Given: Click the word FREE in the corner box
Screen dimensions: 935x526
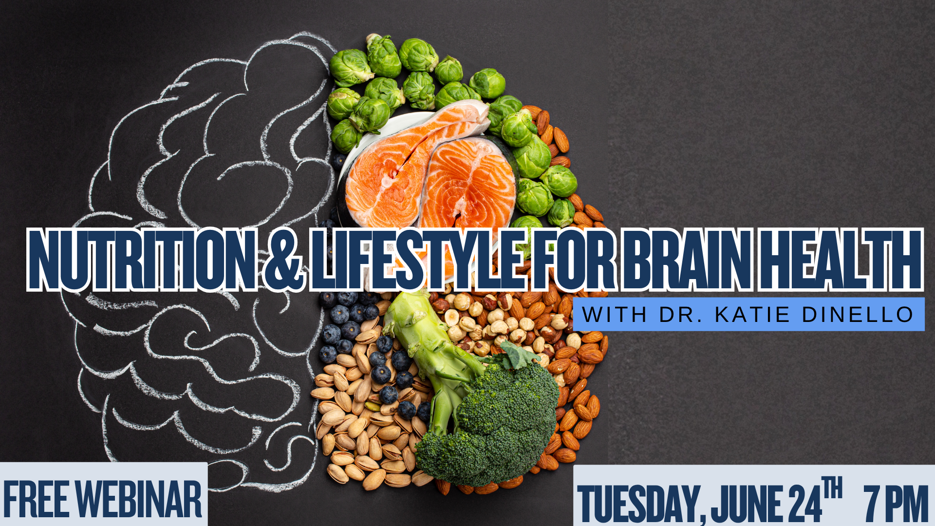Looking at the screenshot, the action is (x=37, y=499).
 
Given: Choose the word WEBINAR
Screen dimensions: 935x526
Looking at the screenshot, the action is (x=139, y=499).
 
